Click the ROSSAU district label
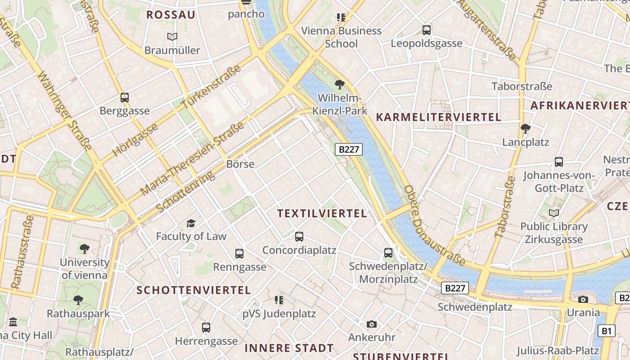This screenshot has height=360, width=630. click(171, 15)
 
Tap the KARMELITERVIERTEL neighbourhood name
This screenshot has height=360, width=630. click(438, 117)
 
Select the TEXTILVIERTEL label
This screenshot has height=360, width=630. click(322, 213)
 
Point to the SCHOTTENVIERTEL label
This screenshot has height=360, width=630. click(193, 290)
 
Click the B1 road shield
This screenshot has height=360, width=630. click(607, 331)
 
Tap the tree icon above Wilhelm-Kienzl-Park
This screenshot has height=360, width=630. click(340, 84)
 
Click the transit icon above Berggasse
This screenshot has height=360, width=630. click(125, 97)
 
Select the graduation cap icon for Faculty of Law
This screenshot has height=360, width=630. click(191, 223)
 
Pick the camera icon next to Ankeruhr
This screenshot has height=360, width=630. click(371, 324)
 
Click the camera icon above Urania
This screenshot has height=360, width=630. click(583, 299)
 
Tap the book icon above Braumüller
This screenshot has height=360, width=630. click(172, 36)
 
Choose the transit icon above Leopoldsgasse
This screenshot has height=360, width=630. click(426, 30)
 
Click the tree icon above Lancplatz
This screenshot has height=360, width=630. click(525, 129)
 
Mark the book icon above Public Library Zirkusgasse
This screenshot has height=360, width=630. click(554, 213)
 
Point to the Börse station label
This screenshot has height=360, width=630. click(240, 164)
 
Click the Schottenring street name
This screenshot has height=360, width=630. click(185, 192)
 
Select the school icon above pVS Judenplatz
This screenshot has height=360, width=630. click(279, 300)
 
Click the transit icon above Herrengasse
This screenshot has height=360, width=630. click(206, 327)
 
